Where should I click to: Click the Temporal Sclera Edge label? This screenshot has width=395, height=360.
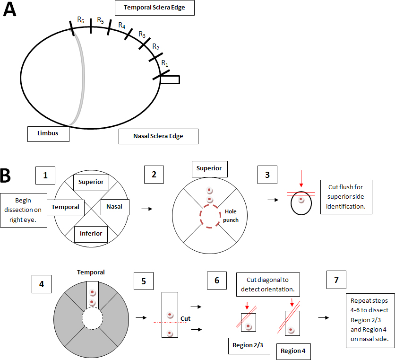[155, 8]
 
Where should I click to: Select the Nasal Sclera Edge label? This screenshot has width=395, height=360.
[158, 136]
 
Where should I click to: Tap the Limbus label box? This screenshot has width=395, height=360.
[48, 133]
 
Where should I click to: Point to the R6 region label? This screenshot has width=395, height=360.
[81, 20]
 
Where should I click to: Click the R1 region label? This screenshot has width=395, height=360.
[164, 63]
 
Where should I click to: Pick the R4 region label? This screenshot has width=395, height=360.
[122, 25]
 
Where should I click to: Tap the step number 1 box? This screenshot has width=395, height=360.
[45, 175]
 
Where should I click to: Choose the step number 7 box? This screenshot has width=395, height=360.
[336, 280]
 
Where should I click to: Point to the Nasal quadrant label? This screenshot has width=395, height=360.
[114, 207]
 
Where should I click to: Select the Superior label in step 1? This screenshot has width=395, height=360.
[91, 182]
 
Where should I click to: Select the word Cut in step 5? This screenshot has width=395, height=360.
[186, 318]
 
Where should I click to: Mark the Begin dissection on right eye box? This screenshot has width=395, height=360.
[24, 210]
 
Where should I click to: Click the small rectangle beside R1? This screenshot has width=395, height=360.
[170, 79]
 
